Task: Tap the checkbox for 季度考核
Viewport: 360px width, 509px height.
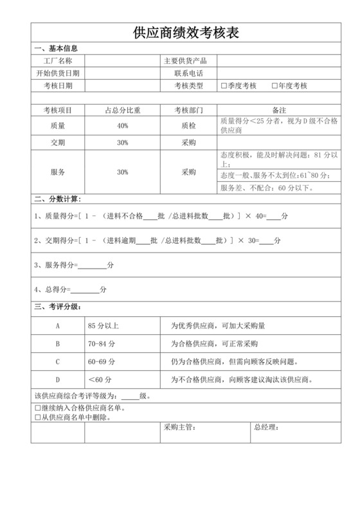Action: point(223,85)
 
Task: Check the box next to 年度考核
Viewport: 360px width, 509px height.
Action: point(274,85)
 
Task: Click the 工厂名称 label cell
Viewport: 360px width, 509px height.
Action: point(58,61)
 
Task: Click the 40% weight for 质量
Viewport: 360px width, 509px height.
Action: point(122,126)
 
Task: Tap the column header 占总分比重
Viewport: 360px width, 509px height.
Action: point(122,111)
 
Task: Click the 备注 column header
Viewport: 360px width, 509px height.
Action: point(279,111)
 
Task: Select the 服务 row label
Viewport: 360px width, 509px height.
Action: point(58,172)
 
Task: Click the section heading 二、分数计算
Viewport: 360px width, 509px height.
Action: point(58,199)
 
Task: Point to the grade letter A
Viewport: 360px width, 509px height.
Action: point(58,326)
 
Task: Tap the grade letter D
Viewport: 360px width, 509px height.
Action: point(58,379)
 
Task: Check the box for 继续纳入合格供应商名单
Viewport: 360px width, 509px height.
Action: point(37,408)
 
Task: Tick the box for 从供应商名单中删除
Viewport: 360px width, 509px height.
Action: point(37,417)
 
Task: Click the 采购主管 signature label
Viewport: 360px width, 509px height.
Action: point(179,427)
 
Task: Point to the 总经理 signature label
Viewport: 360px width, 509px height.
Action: point(266,427)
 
